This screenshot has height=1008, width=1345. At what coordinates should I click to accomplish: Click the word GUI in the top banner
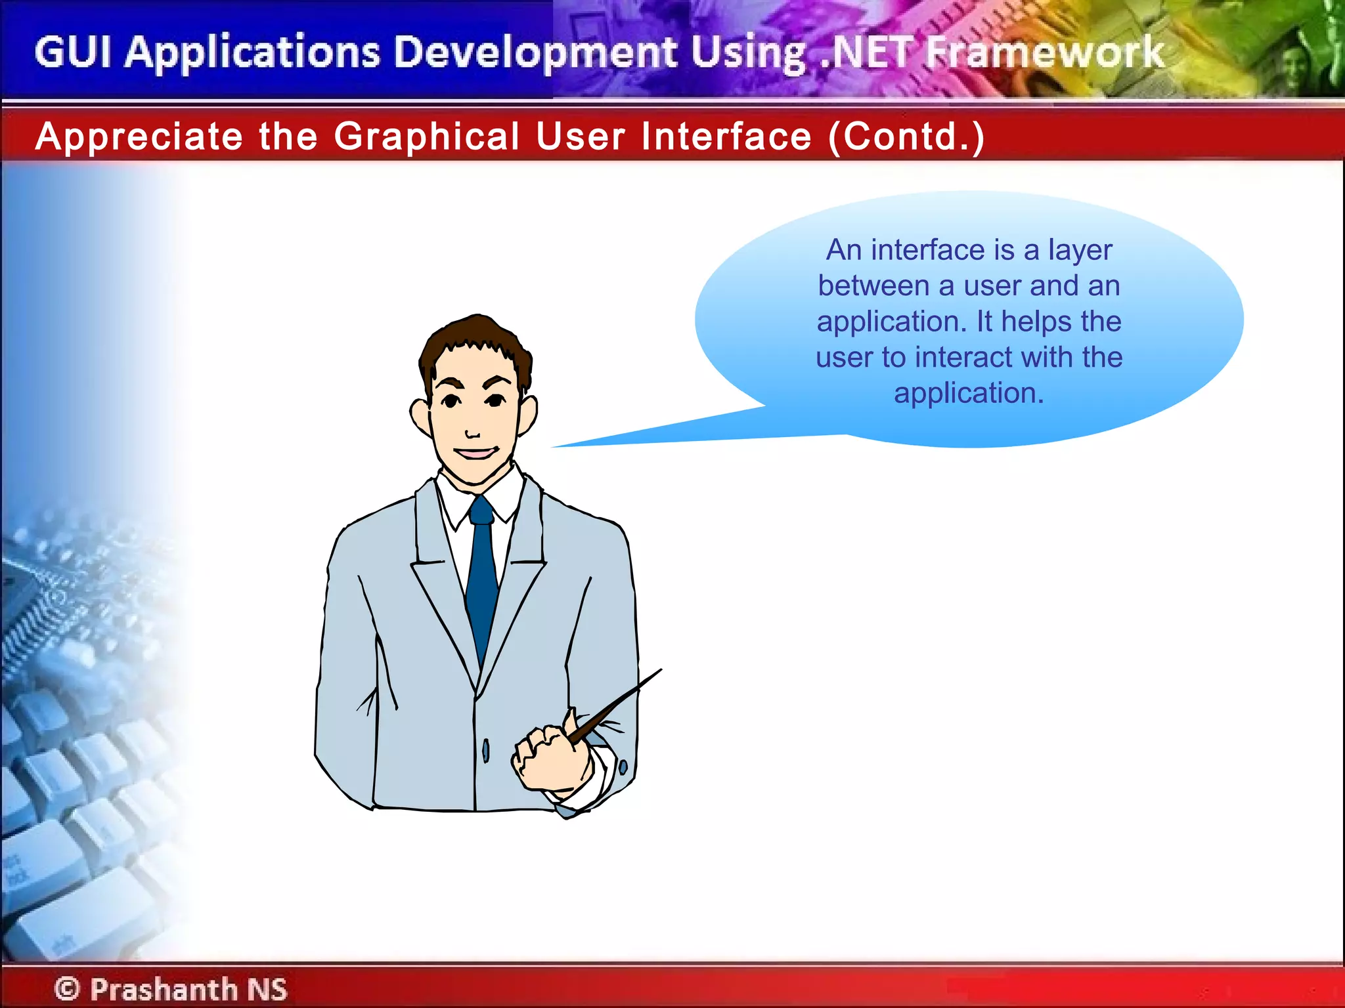pyautogui.click(x=73, y=52)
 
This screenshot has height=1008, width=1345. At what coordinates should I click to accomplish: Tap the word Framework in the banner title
pyautogui.click(x=1044, y=52)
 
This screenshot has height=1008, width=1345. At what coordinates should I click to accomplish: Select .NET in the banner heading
pyautogui.click(x=867, y=52)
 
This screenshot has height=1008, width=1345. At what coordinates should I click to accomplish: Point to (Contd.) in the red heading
pyautogui.click(x=906, y=136)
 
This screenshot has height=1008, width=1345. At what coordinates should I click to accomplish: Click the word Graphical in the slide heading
pyautogui.click(x=427, y=136)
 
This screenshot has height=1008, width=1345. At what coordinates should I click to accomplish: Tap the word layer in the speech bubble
pyautogui.click(x=1080, y=251)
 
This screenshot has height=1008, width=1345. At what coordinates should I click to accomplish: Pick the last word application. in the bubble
pyautogui.click(x=969, y=393)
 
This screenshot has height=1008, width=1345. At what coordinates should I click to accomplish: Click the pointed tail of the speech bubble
pyautogui.click(x=558, y=446)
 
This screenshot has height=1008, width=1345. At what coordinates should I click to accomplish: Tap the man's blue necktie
pyautogui.click(x=481, y=577)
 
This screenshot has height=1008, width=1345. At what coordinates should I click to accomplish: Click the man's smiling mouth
pyautogui.click(x=475, y=453)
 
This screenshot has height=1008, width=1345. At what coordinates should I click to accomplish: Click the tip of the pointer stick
pyautogui.click(x=660, y=670)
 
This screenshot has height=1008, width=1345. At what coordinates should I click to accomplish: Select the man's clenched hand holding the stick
pyautogui.click(x=545, y=755)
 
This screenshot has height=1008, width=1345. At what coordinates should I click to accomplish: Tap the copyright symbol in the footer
pyautogui.click(x=67, y=988)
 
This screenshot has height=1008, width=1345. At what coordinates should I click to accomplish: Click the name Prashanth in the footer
pyautogui.click(x=164, y=989)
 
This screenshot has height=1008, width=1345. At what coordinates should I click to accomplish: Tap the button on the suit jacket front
pyautogui.click(x=486, y=749)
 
